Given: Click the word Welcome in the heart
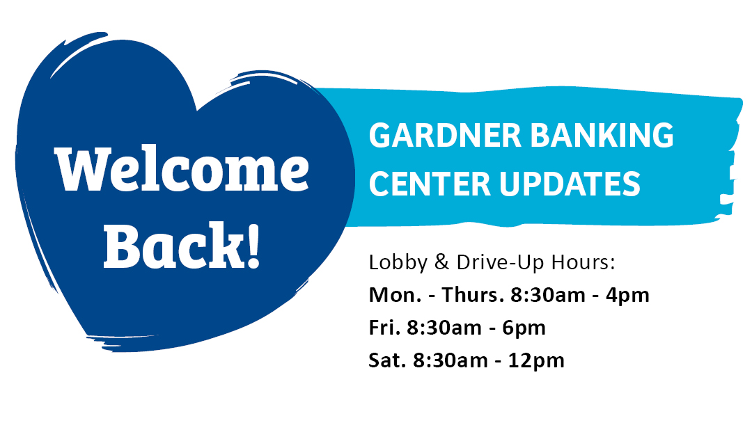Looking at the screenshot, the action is coord(182,169).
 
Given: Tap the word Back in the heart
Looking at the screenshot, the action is coord(173,245).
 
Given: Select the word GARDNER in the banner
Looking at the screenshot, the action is coord(445,135).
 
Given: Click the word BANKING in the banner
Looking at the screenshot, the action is coord(602,135).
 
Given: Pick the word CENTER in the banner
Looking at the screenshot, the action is coord(430,184).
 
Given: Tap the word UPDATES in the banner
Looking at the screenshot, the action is coord(570,184).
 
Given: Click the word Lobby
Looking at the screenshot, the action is coord(398,262).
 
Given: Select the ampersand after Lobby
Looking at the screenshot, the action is coord(441,262).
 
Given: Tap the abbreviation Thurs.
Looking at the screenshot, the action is coord(472,294).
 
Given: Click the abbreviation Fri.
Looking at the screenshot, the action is coord(384,328).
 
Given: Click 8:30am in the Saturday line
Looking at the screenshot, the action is coord(450,360).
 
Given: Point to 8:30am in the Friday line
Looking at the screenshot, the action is coord(444,328).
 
